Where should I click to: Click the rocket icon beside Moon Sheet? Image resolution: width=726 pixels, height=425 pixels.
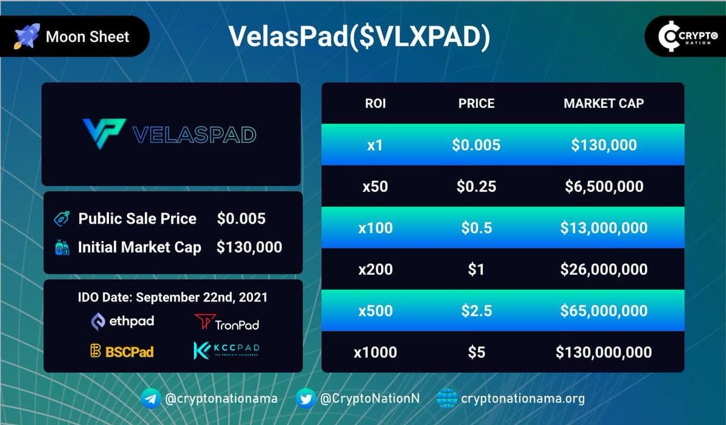(x=27, y=37)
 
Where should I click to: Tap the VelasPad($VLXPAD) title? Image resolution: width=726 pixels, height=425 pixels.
(x=359, y=37)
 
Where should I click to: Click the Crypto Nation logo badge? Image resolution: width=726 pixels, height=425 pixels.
(x=685, y=37)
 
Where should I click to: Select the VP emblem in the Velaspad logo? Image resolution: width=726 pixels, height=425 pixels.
(x=103, y=133)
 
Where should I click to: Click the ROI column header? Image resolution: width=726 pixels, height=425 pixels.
(x=375, y=104)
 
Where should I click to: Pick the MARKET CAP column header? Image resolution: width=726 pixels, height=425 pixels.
(x=603, y=104)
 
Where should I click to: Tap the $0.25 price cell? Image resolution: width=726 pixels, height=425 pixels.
(x=476, y=186)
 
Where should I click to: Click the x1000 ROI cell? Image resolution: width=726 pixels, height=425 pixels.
(x=375, y=352)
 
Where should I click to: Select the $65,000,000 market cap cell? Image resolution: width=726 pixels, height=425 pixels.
(x=603, y=311)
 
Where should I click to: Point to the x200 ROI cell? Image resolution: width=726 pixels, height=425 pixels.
(x=375, y=269)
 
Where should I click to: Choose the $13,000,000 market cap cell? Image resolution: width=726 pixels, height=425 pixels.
(x=603, y=228)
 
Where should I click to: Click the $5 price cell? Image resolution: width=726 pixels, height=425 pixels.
(x=476, y=352)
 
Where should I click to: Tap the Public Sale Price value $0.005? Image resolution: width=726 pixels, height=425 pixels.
(x=241, y=219)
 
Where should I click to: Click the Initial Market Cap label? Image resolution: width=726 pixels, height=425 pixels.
(x=139, y=247)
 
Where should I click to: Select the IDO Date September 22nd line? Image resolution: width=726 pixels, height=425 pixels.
(x=172, y=298)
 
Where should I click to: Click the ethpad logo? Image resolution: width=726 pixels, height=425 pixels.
(x=122, y=321)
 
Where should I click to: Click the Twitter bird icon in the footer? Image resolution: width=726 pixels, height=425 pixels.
(x=306, y=398)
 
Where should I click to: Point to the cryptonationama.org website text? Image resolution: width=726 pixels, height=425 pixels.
(x=522, y=398)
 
